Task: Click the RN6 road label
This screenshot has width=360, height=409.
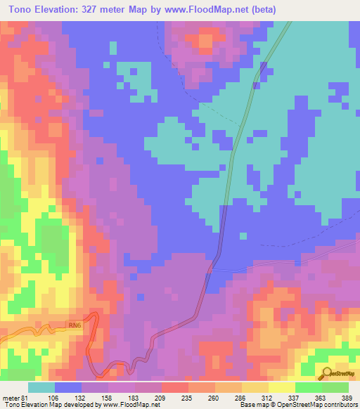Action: pos(75,325)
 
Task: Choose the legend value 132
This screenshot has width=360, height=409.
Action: pos(81,397)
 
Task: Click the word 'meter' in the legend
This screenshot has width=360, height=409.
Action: pos(11,397)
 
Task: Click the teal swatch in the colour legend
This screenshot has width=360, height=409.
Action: pos(41,387)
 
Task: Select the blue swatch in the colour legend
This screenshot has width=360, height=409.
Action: pos(67,387)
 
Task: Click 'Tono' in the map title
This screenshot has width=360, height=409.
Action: pos(21,10)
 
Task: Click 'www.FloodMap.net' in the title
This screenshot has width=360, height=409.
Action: pos(205,10)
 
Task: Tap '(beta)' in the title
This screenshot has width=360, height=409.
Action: pos(261,10)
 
